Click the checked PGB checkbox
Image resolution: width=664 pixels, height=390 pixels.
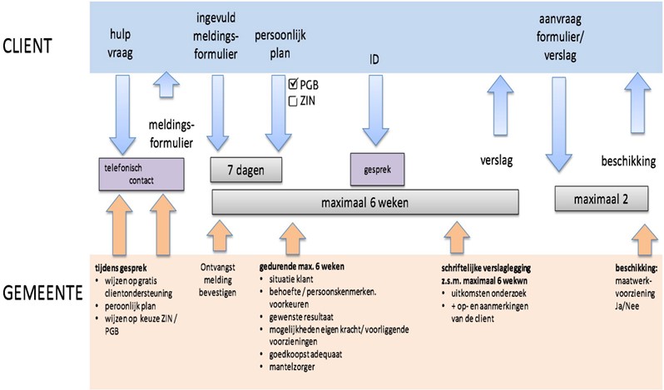pos(293,84)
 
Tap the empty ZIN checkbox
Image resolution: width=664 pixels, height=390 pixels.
pos(293,101)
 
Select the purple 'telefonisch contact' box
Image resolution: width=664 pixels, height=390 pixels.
pos(141,175)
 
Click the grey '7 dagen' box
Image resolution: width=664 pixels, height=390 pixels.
pos(246,170)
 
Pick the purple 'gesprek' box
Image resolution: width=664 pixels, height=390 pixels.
pos(377,170)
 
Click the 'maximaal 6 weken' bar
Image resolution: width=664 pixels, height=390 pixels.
pos(365,203)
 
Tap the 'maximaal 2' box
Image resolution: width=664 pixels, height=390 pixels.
pos(602,199)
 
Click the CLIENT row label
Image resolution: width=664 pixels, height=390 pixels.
pos(27,46)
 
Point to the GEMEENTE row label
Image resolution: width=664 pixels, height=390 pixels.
pos(42,293)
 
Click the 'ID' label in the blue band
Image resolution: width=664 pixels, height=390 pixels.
pos(374,60)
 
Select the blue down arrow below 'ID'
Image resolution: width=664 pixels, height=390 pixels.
pos(375,111)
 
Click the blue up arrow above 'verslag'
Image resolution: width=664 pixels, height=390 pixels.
pos(501,106)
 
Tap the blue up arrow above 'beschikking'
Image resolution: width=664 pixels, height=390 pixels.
pos(637,103)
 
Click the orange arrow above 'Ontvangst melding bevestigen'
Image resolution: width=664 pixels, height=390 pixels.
pos(220,236)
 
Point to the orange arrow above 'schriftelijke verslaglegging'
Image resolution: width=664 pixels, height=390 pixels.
pos(457,238)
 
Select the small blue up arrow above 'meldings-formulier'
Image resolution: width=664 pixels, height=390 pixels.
pos(166,85)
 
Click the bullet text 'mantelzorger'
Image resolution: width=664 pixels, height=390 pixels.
pos(292,367)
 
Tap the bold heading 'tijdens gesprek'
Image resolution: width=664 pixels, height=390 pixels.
pos(121,269)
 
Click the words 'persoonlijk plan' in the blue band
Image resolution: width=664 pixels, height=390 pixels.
pos(280,44)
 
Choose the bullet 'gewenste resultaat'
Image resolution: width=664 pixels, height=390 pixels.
pos(301,317)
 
